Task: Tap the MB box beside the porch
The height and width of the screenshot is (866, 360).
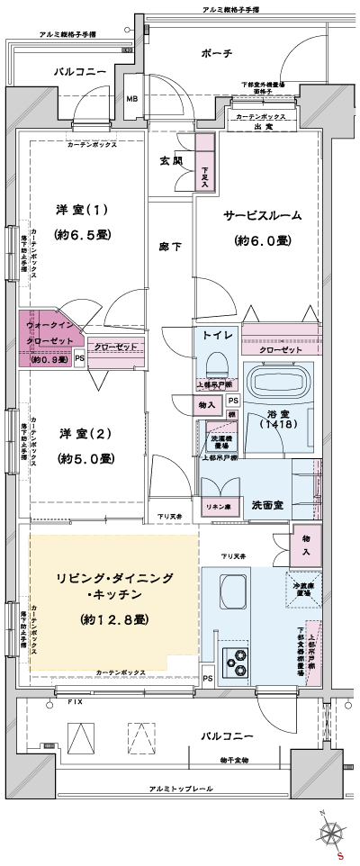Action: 132,99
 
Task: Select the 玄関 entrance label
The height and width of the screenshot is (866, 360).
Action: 171,161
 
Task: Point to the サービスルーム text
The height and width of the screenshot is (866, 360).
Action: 262,216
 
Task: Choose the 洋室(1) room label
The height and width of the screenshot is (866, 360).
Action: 82,210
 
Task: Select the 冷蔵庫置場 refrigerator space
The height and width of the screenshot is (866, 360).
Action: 303,591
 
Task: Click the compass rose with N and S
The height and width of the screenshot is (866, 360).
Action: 334,832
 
